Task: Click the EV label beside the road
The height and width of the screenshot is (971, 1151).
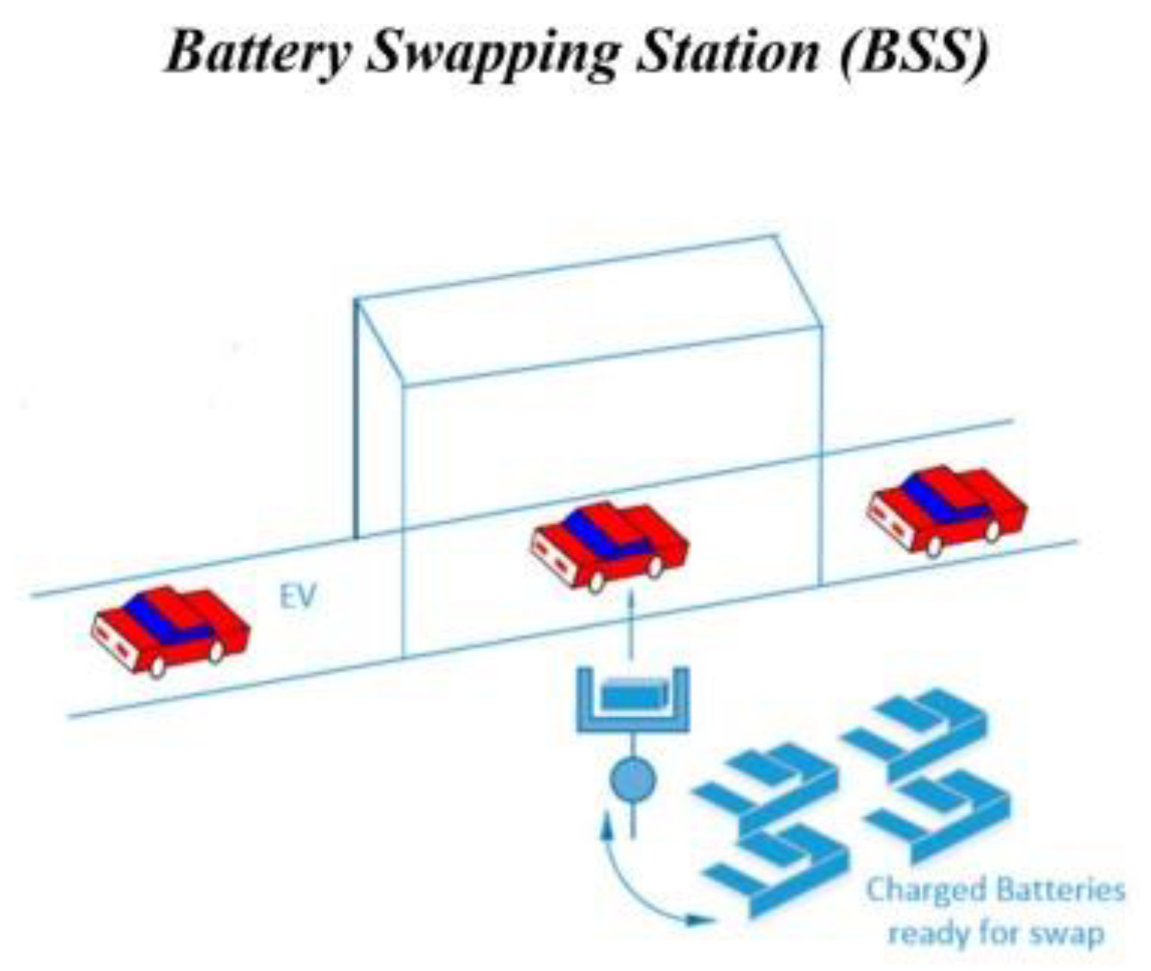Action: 298,597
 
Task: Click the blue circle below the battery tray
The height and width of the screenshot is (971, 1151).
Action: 632,778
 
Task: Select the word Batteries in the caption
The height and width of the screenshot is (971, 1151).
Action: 1059,890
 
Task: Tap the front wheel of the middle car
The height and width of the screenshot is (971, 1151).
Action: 597,581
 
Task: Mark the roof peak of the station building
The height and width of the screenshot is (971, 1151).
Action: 775,237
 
